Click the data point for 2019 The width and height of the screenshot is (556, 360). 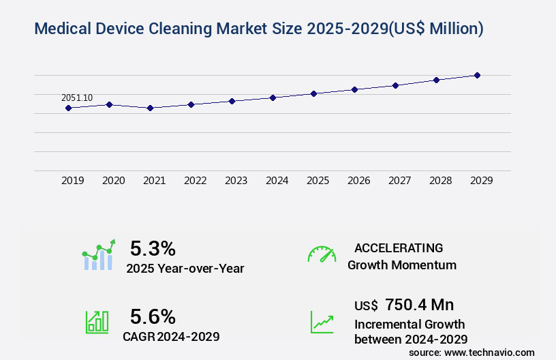pyautogui.click(x=68, y=108)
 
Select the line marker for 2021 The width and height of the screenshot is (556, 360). pyautogui.click(x=150, y=108)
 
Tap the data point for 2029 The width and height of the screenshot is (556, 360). pyautogui.click(x=477, y=75)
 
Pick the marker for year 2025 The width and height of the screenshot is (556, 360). pyautogui.click(x=313, y=93)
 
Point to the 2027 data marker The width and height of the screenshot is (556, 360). pyautogui.click(x=395, y=85)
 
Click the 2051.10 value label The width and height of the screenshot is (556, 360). pyautogui.click(x=77, y=98)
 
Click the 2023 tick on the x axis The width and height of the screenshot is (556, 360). pyautogui.click(x=236, y=181)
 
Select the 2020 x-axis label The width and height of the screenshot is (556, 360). pyautogui.click(x=113, y=181)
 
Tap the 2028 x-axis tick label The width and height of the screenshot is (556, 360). pyautogui.click(x=440, y=181)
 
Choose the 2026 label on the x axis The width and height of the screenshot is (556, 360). pyautogui.click(x=358, y=181)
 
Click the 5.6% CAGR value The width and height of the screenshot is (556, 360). pyautogui.click(x=153, y=316)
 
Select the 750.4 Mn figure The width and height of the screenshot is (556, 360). pyautogui.click(x=419, y=305)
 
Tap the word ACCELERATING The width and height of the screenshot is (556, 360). pyautogui.click(x=399, y=247)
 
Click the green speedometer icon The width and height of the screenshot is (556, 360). pyautogui.click(x=322, y=254)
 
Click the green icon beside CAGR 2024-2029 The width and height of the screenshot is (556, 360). pyautogui.click(x=97, y=322)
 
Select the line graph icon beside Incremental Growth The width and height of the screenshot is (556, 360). pyautogui.click(x=322, y=322)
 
